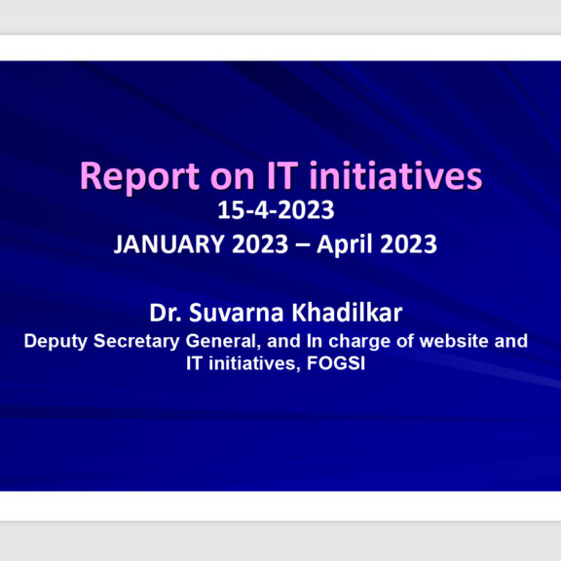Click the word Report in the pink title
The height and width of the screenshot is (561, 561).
[x=139, y=177]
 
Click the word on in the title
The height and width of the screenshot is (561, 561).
[x=232, y=178]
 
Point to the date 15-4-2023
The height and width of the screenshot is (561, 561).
[x=276, y=210]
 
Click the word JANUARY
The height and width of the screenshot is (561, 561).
[x=169, y=244]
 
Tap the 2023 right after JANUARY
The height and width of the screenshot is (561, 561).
[x=260, y=244]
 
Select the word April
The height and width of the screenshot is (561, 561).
[x=345, y=244]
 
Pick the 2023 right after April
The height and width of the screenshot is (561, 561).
[x=408, y=244]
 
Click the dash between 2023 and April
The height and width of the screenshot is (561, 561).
[x=302, y=245]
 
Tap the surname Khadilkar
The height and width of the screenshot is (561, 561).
[x=347, y=313]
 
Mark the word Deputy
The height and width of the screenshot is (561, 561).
[x=56, y=341]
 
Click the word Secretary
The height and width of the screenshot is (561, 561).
[x=136, y=341]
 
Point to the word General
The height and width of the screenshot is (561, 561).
[x=222, y=341]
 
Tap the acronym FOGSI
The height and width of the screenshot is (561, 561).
[x=336, y=363]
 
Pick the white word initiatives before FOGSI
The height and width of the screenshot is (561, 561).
[x=252, y=364]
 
